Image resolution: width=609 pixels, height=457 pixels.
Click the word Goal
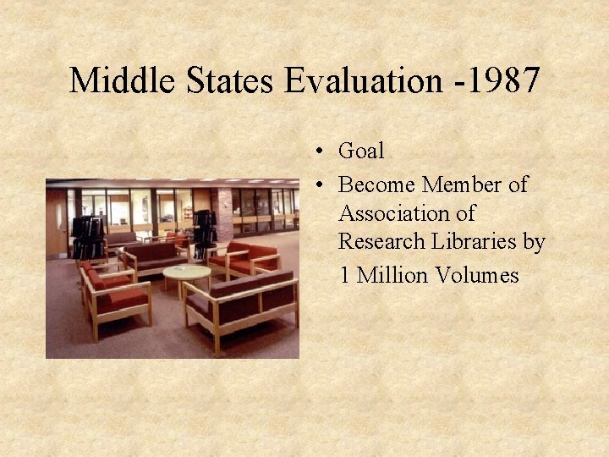pyautogui.click(x=361, y=151)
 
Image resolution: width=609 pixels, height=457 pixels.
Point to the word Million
pyautogui.click(x=394, y=275)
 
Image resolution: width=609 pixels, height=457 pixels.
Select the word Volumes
pyautogui.click(x=478, y=275)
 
